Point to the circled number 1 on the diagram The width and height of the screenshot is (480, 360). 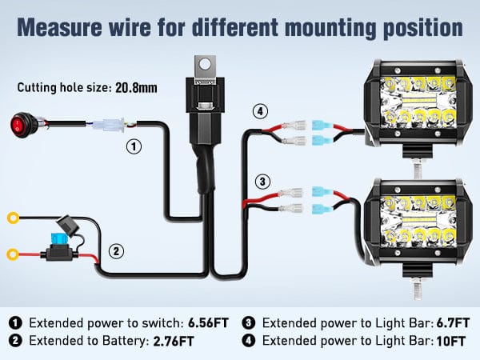tap(134, 146)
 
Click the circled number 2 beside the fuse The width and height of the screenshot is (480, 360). tap(117, 251)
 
